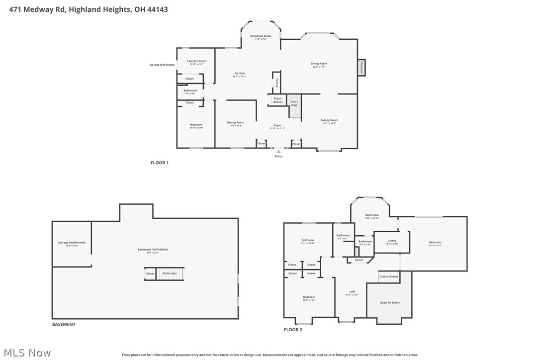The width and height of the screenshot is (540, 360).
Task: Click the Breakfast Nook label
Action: [x=261, y=36]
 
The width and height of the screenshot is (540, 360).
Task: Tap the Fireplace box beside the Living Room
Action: [x=361, y=68]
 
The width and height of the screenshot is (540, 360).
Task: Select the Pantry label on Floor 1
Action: [x=277, y=83]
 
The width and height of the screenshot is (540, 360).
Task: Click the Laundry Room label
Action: [x=196, y=61]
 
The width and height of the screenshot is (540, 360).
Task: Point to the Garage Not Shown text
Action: [x=162, y=65]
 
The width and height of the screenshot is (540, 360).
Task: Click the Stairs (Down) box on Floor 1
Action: [x=277, y=100]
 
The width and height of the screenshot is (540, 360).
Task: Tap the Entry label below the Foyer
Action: [x=278, y=156]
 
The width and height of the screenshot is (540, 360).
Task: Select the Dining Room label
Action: [x=236, y=122]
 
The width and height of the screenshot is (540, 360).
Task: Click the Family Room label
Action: [x=329, y=120]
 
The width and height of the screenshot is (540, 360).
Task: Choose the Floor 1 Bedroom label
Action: [x=196, y=125]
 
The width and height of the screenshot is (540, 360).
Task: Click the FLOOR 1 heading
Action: [x=160, y=163]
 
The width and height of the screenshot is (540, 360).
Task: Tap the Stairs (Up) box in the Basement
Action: [x=170, y=273]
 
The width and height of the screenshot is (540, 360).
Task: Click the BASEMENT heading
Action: [x=64, y=324]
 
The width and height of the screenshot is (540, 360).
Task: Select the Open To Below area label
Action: [x=389, y=302]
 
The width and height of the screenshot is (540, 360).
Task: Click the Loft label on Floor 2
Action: [x=352, y=292]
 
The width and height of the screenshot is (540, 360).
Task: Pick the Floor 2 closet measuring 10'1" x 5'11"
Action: [x=392, y=241]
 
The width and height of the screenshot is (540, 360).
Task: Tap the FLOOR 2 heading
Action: [x=293, y=330]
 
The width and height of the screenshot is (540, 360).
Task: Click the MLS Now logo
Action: [x=26, y=353]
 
